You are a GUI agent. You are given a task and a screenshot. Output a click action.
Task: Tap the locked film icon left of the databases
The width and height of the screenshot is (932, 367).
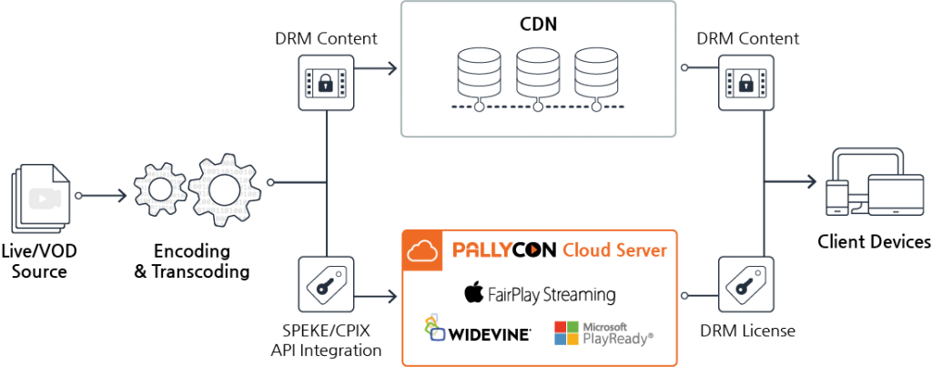click(x=326, y=83)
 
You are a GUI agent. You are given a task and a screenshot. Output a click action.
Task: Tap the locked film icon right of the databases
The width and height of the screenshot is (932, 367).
click(x=745, y=83)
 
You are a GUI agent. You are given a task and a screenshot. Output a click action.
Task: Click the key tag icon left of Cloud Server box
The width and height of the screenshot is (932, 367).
click(x=326, y=285)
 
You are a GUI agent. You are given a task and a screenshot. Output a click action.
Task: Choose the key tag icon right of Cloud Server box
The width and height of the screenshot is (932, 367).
click(x=745, y=285)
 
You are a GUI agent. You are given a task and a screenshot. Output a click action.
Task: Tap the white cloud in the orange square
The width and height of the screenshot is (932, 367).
click(x=422, y=250)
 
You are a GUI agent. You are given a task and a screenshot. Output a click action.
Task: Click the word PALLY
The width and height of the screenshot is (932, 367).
click(x=482, y=250)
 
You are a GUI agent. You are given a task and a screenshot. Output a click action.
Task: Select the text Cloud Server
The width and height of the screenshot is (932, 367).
click(x=614, y=250)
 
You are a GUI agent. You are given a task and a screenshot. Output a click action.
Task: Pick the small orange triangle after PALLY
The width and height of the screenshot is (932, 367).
click(x=535, y=250)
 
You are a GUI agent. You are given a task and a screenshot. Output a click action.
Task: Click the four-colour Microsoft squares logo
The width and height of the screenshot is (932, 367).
click(x=566, y=332)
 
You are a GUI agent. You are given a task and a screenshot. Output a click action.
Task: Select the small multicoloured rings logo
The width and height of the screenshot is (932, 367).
click(x=434, y=327)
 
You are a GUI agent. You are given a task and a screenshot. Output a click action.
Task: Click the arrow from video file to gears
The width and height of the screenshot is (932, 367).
click(x=106, y=195)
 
